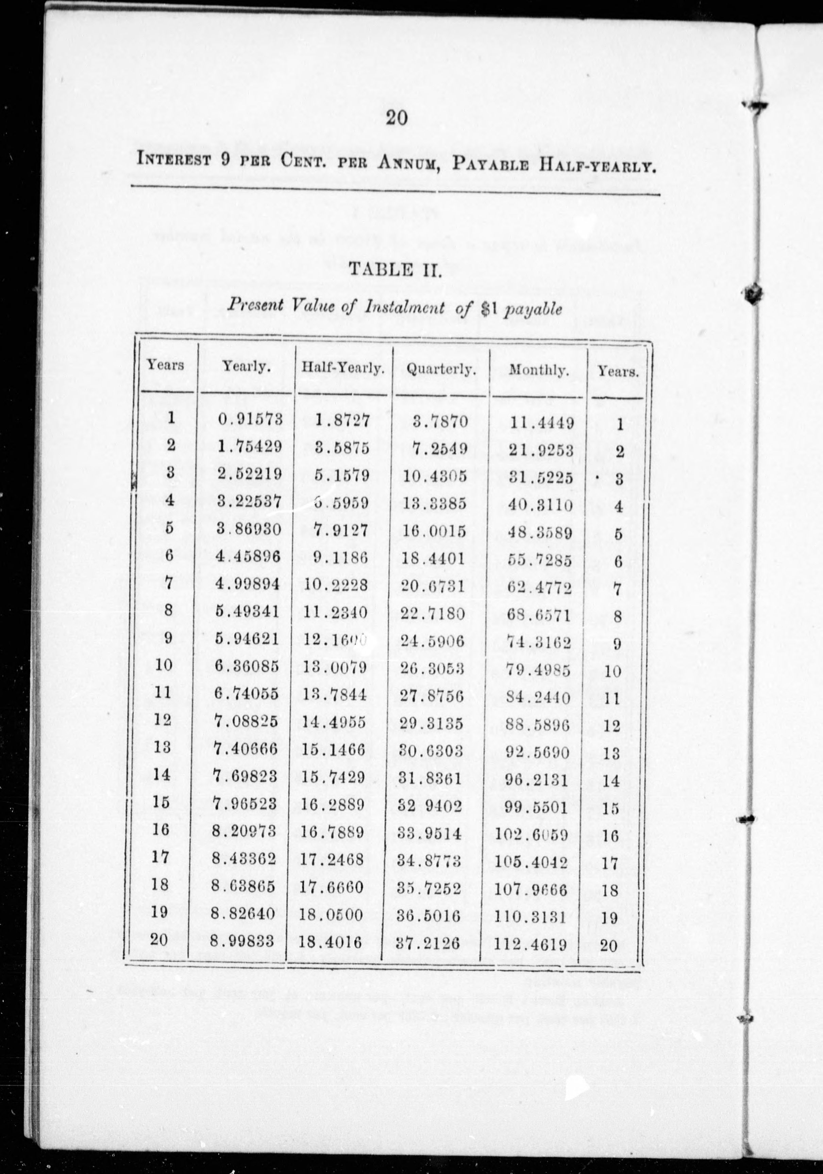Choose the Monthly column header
coord(539,370)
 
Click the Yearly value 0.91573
coord(250,419)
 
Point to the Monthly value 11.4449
coord(542,423)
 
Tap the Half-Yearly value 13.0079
coord(335,667)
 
